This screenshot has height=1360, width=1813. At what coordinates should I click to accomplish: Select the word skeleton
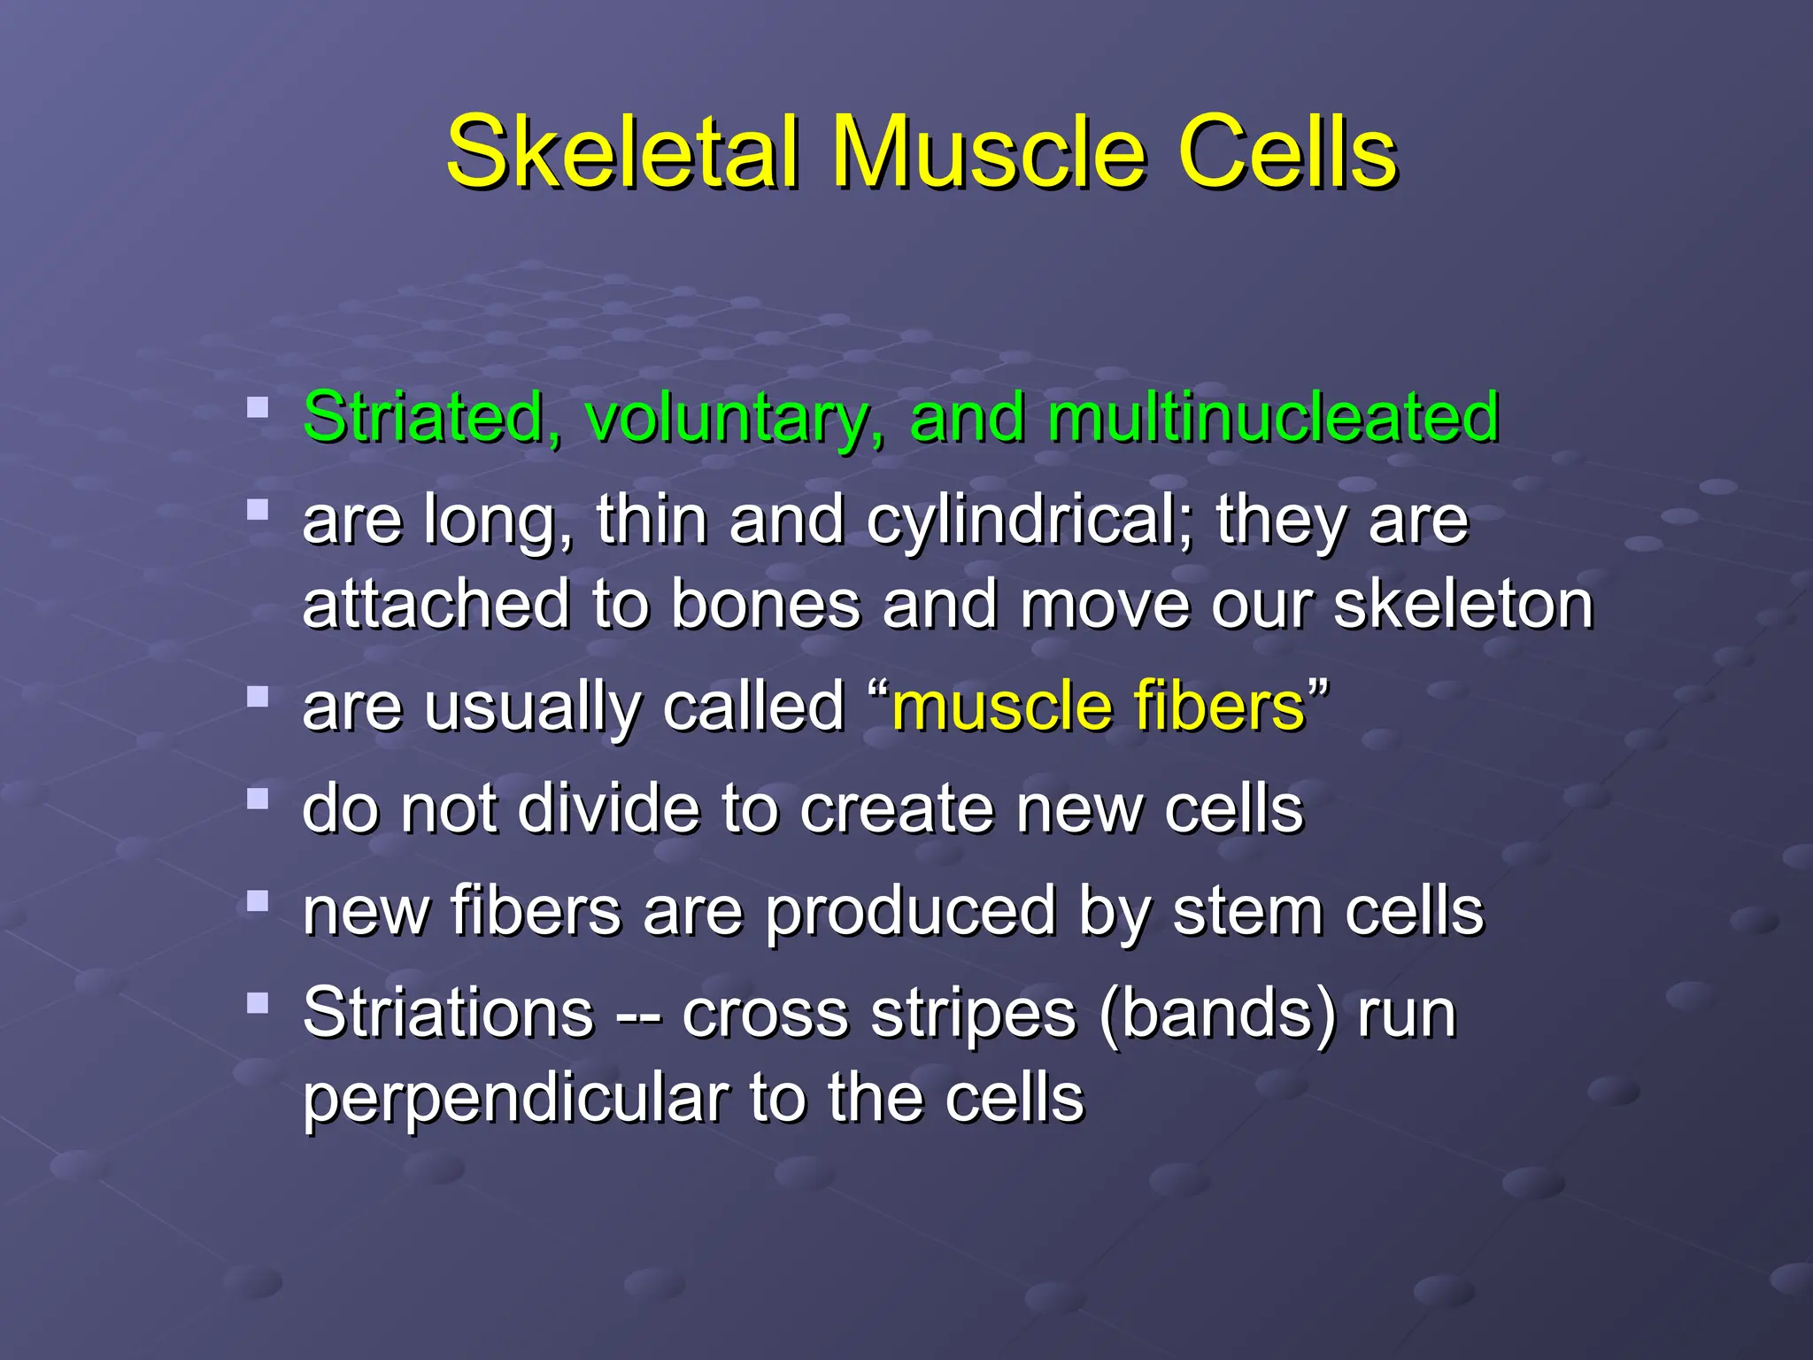[x=1462, y=605]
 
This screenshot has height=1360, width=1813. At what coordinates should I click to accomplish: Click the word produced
[x=910, y=912]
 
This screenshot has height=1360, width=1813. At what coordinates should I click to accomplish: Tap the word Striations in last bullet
[x=448, y=1012]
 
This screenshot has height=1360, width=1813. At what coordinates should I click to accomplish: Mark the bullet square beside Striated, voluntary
[x=258, y=407]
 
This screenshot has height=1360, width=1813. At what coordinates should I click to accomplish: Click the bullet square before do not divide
[x=258, y=800]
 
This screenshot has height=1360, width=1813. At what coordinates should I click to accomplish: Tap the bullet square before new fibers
[x=258, y=901]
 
